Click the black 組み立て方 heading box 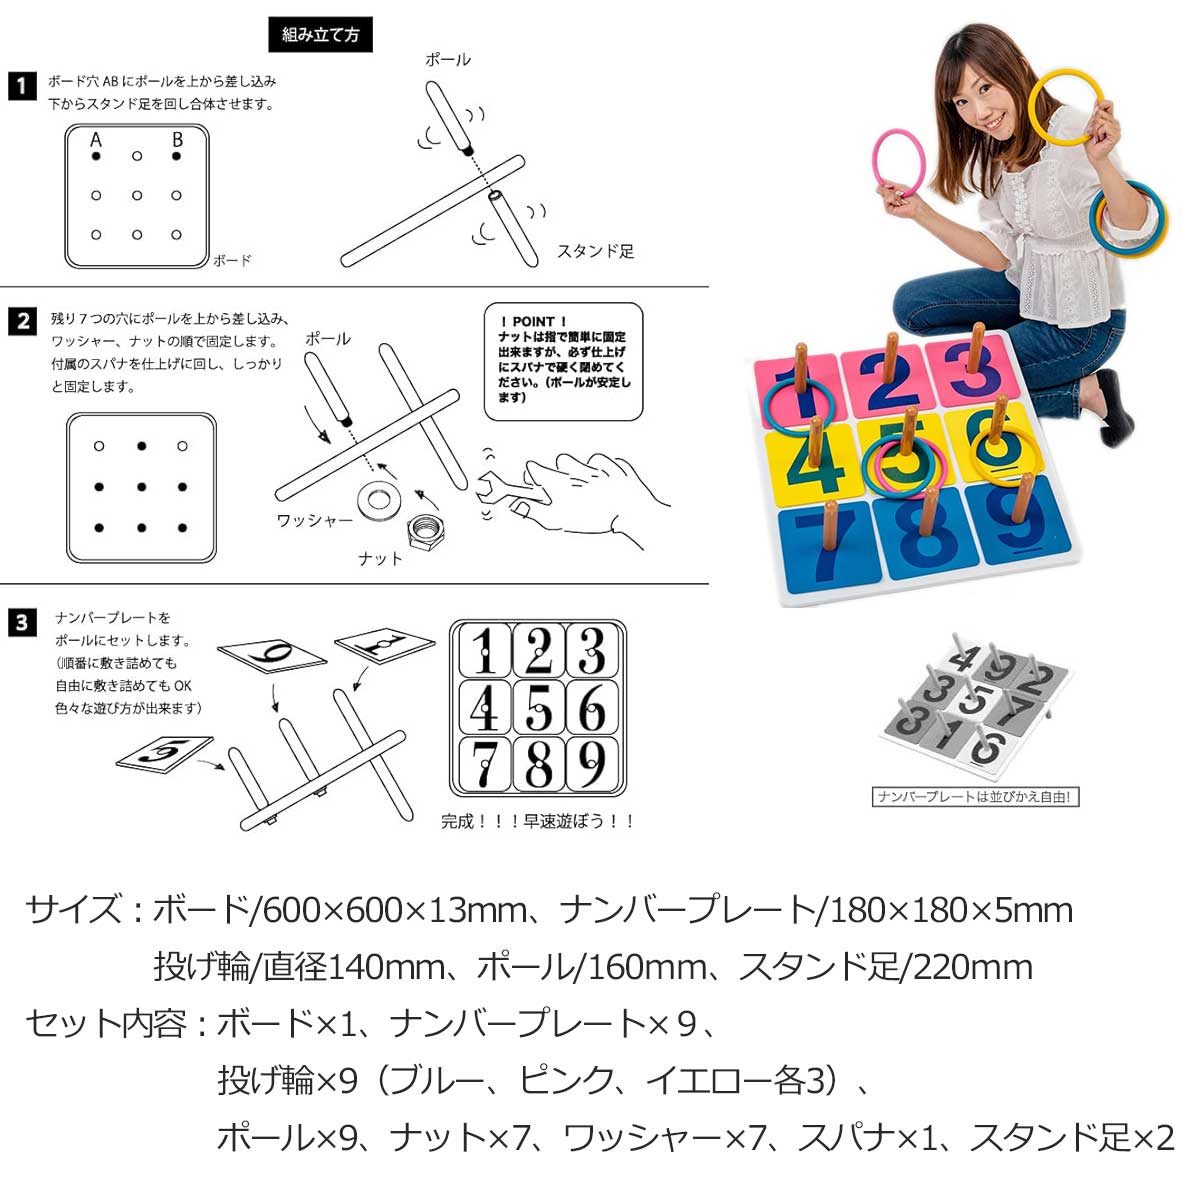(x=320, y=34)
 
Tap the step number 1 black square (x=22, y=86)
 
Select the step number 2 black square (x=22, y=321)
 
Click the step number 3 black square (x=22, y=623)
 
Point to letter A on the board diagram (x=95, y=139)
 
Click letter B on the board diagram (x=177, y=139)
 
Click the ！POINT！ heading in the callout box (x=534, y=321)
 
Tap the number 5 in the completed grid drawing (x=539, y=707)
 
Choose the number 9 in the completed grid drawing (x=592, y=763)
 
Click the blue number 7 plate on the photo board (x=828, y=548)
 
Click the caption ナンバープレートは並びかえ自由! (x=975, y=797)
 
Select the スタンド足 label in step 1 (x=595, y=252)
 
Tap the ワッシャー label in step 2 (x=314, y=520)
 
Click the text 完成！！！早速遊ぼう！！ (x=537, y=821)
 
